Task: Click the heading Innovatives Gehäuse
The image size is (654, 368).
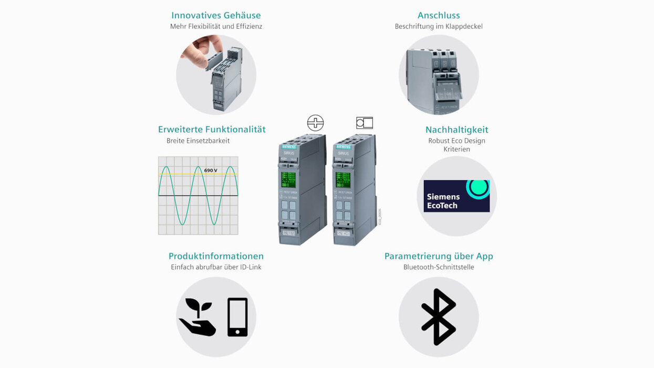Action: (216, 15)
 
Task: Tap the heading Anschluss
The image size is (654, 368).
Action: (439, 15)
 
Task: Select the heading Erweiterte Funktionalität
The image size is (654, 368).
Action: (212, 129)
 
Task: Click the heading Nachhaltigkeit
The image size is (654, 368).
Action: (456, 129)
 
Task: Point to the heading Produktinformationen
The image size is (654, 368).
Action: (216, 256)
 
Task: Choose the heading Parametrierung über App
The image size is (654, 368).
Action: (439, 256)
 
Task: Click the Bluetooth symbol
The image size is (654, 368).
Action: (439, 317)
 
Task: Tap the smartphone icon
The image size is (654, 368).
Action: (237, 317)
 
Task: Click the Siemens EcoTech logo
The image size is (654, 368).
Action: (456, 196)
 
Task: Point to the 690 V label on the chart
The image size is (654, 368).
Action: (211, 170)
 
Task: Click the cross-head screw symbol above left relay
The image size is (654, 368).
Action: (315, 123)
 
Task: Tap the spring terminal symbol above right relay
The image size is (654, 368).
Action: (364, 123)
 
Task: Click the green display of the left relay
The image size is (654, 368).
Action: (288, 179)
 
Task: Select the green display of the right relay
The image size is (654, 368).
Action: (343, 179)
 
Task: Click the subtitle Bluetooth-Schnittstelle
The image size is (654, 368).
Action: (439, 267)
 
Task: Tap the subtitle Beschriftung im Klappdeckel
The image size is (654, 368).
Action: (439, 26)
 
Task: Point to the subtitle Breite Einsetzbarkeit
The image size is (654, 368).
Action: (198, 141)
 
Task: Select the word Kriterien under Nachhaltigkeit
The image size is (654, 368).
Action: (456, 149)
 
